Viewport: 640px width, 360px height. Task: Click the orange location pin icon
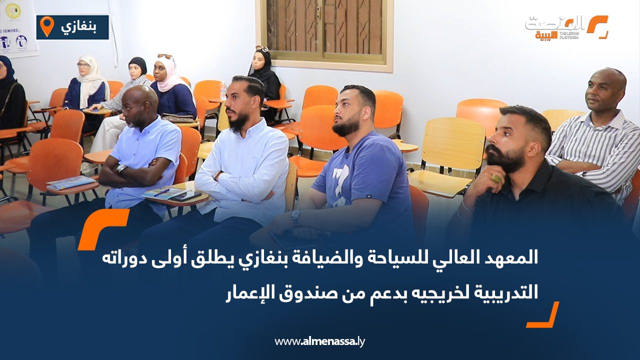[x=46, y=26]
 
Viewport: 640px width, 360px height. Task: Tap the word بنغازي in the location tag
[x=79, y=26]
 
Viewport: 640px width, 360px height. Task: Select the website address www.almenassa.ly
[x=320, y=341]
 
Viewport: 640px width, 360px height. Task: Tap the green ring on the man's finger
[x=496, y=178]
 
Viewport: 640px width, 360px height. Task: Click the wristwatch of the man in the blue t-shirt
[x=295, y=217]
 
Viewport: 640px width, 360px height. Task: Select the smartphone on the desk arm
[x=185, y=196]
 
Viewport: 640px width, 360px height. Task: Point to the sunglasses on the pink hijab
[x=165, y=56]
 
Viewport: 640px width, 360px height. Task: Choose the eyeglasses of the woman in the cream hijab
[x=83, y=65]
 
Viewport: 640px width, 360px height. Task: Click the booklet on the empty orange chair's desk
[x=69, y=182]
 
